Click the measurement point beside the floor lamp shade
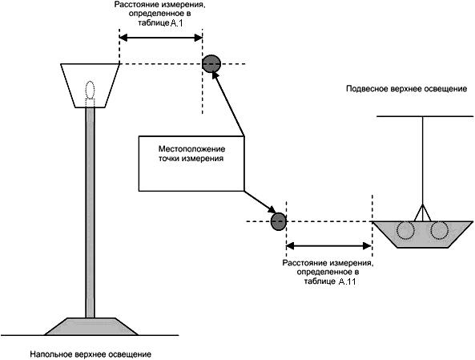pos(211,63)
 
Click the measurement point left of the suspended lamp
pos(278,222)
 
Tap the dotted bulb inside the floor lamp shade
pos(90,90)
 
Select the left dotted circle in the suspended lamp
pos(405,231)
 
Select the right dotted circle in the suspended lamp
pos(439,231)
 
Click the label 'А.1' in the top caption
pos(176,24)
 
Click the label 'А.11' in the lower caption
pos(347,281)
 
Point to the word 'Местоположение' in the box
pos(192,149)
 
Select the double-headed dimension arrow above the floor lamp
pos(161,38)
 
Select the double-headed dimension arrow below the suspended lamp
pos(328,246)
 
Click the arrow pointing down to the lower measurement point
pos(260,202)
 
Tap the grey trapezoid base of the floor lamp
pos(91,326)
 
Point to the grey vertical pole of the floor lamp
pos(91,212)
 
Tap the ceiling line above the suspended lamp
pos(425,116)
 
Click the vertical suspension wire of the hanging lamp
pos(422,160)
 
